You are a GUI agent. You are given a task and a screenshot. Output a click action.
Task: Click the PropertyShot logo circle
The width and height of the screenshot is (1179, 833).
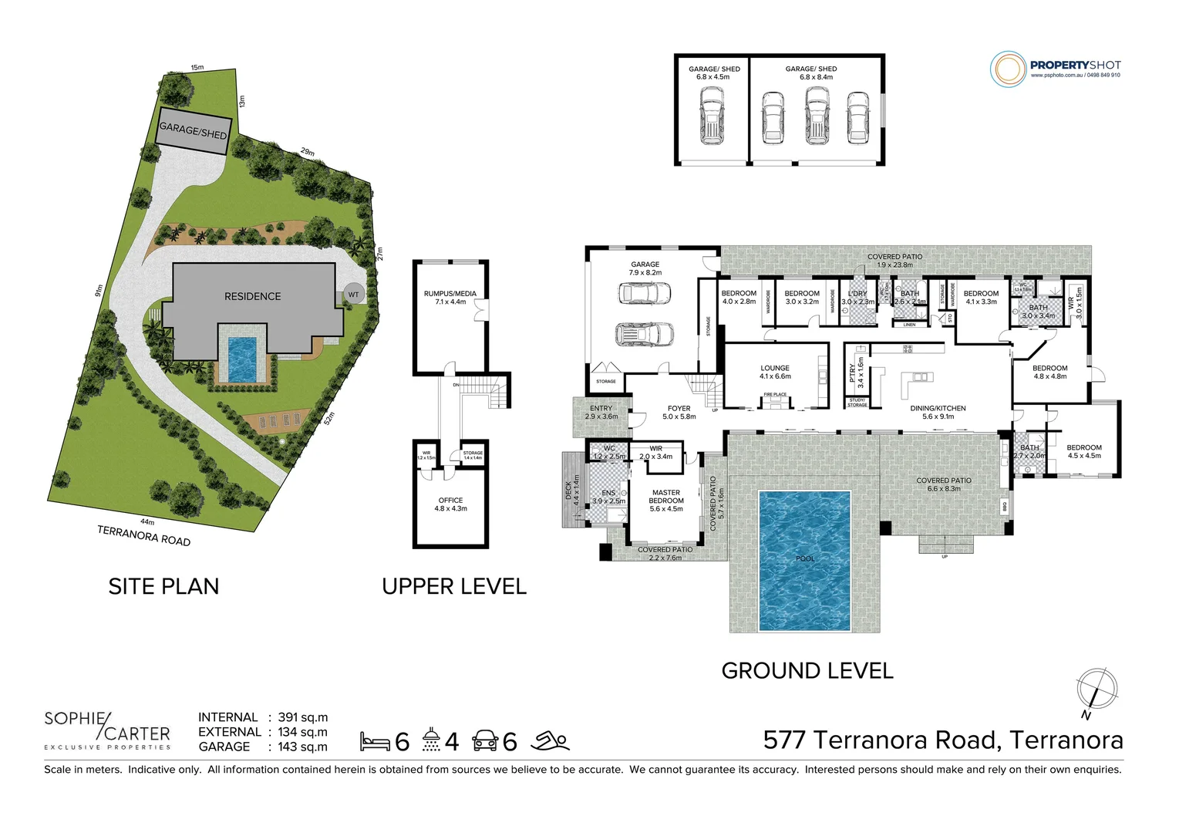click(1008, 69)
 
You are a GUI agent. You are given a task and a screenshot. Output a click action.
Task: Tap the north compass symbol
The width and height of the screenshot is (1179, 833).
click(1096, 689)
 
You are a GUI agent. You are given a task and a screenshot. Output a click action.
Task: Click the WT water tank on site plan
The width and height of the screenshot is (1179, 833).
click(353, 295)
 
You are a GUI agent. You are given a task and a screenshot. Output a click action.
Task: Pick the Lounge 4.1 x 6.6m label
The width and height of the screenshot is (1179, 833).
click(775, 373)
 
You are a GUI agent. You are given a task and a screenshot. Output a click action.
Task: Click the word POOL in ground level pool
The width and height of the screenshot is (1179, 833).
click(805, 558)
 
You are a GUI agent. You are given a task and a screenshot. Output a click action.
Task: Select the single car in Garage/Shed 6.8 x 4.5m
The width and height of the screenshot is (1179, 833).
click(711, 116)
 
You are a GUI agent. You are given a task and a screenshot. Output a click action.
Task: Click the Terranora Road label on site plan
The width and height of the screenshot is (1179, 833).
click(143, 535)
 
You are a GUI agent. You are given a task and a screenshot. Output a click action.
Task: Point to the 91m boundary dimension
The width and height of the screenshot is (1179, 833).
click(99, 291)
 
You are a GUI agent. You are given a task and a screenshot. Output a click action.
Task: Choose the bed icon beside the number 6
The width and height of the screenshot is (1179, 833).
click(375, 742)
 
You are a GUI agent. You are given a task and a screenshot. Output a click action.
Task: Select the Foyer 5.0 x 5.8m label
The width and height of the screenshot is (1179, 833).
click(679, 413)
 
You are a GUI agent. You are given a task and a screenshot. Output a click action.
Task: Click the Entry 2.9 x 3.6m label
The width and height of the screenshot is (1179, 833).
click(601, 413)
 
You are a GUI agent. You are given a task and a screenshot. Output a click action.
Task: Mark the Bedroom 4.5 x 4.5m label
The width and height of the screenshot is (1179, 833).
click(1083, 451)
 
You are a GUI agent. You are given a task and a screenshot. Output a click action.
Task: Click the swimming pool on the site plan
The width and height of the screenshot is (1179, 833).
click(242, 359)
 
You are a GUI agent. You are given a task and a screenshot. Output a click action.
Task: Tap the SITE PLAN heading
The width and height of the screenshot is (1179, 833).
click(163, 587)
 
